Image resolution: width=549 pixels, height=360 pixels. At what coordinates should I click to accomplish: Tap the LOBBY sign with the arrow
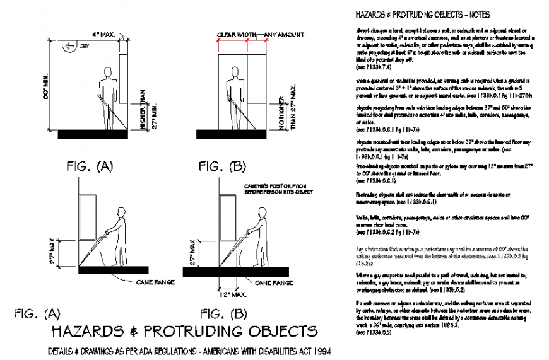point(73,45)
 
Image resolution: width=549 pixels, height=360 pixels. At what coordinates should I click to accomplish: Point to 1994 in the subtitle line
point(321,351)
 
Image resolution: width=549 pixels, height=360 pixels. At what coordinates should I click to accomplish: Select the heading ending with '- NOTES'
point(423,14)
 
